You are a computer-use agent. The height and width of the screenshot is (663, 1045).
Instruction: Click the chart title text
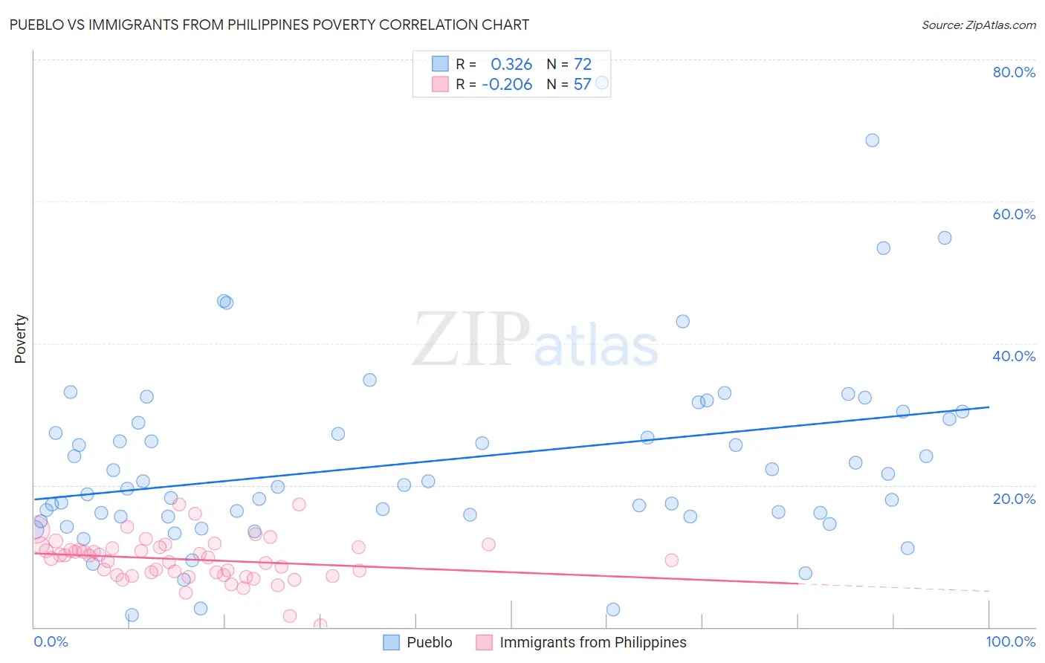pyautogui.click(x=269, y=25)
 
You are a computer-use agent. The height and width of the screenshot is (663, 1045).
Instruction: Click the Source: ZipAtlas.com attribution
pyautogui.click(x=978, y=25)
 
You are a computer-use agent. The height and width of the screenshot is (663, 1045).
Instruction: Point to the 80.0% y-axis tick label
pyautogui.click(x=1014, y=72)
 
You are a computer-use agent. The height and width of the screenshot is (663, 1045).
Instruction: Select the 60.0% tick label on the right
pyautogui.click(x=1014, y=214)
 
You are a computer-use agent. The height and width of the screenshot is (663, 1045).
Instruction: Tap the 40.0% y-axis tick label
pyautogui.click(x=1014, y=356)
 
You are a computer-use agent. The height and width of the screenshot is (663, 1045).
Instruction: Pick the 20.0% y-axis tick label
pyautogui.click(x=1014, y=498)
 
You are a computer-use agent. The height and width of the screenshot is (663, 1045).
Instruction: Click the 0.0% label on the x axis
pyautogui.click(x=51, y=641)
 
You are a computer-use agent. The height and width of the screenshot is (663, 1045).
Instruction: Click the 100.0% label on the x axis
pyautogui.click(x=1010, y=641)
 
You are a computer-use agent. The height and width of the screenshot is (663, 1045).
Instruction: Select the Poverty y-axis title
pyautogui.click(x=20, y=339)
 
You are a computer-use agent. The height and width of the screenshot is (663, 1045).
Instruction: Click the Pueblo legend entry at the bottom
pyautogui.click(x=429, y=642)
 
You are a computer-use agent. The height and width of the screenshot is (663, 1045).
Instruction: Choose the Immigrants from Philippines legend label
pyautogui.click(x=592, y=642)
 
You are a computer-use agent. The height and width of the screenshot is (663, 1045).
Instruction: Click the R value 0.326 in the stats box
pyautogui.click(x=511, y=64)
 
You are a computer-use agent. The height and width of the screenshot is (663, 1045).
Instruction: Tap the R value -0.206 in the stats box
pyautogui.click(x=507, y=85)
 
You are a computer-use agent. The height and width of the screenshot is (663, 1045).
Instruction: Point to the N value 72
pyautogui.click(x=583, y=64)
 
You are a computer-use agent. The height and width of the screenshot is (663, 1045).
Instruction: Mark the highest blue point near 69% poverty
pyautogui.click(x=872, y=140)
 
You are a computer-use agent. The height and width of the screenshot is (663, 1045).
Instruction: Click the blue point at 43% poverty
pyautogui.click(x=682, y=321)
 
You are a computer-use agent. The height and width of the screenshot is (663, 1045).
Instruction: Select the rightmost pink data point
pyautogui.click(x=671, y=560)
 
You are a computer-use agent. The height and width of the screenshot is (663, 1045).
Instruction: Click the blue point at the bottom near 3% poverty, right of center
pyautogui.click(x=612, y=609)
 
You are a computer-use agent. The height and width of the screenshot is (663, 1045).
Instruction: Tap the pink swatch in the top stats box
pyautogui.click(x=440, y=85)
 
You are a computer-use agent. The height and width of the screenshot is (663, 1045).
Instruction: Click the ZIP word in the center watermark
pyautogui.click(x=471, y=340)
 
